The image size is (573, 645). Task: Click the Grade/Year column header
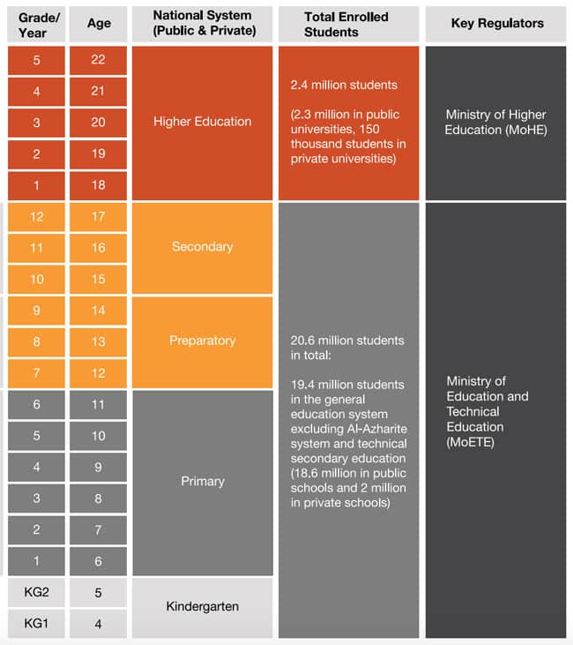[x=36, y=24]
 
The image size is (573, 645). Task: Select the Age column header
[x=99, y=24]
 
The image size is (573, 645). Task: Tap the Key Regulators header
[x=496, y=24]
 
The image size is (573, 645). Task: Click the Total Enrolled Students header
[x=348, y=24]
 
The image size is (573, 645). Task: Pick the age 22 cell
[x=99, y=60]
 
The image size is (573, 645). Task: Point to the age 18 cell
[x=99, y=184]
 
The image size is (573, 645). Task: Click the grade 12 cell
[x=36, y=216]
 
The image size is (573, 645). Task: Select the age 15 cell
[x=99, y=279]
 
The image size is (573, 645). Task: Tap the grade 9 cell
[x=36, y=310]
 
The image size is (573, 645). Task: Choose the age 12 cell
[x=99, y=373]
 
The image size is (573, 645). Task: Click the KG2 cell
[x=36, y=592]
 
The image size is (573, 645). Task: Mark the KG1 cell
[x=36, y=624]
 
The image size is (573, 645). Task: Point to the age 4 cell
[x=99, y=624]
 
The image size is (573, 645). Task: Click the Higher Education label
[x=202, y=122]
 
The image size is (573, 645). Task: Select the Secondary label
[x=202, y=246]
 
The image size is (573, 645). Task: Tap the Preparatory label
[x=202, y=341]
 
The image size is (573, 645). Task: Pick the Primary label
[x=202, y=482]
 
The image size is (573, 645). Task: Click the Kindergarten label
[x=202, y=607]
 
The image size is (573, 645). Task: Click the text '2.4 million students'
[x=344, y=86]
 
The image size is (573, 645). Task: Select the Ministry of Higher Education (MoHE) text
[x=495, y=122]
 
